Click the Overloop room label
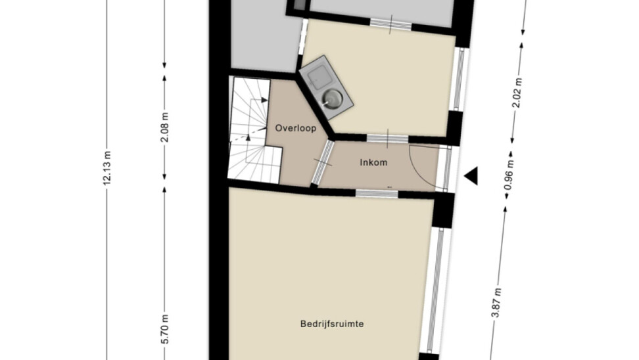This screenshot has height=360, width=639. point(295,128)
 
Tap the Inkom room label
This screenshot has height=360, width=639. point(373,162)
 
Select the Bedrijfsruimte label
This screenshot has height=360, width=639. point(332,324)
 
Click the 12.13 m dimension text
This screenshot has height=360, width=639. point(106,168)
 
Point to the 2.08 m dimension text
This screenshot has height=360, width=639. point(164,127)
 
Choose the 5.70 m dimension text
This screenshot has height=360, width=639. point(164,329)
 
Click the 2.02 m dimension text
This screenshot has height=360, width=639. point(517,93)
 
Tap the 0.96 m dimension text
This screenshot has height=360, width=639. point(509,175)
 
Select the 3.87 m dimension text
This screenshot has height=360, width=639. point(496,303)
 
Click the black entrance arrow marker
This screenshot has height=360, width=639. point(471,176)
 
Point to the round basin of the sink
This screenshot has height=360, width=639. point(333,98)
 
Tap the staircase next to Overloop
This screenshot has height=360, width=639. point(254,129)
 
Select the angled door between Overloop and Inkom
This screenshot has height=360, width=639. point(323,162)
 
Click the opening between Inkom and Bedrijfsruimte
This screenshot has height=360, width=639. point(377,193)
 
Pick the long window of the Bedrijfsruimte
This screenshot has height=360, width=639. point(436,290)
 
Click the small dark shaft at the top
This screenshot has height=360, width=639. point(300,4)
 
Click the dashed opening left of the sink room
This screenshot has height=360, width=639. point(302,37)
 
